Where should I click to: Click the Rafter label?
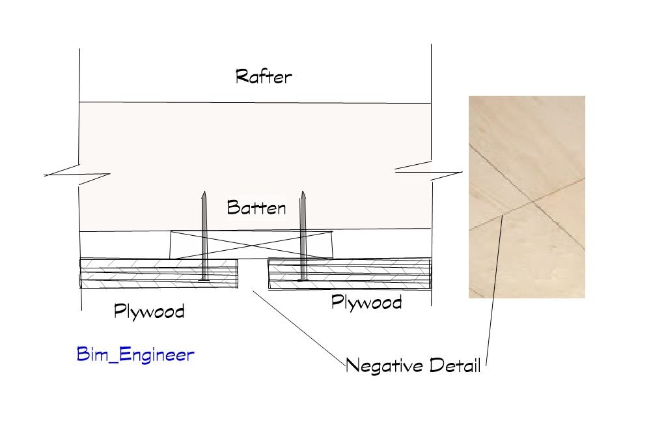point(264,76)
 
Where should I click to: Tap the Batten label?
point(256,207)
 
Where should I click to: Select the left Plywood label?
point(149,311)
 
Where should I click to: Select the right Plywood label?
point(367,302)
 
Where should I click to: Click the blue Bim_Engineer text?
point(135,354)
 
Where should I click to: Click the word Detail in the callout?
point(455,365)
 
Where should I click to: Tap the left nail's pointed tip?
point(204,192)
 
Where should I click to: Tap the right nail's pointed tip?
point(303,192)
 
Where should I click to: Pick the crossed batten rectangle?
point(251,245)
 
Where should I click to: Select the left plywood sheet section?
point(159,274)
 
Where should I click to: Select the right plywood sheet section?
point(350,274)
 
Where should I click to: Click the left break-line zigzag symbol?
point(77,175)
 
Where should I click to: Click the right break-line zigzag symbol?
point(429,171)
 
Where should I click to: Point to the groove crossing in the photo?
point(533,202)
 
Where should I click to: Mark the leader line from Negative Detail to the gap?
point(299,328)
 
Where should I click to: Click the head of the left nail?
point(203,279)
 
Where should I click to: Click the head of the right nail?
point(303,280)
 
